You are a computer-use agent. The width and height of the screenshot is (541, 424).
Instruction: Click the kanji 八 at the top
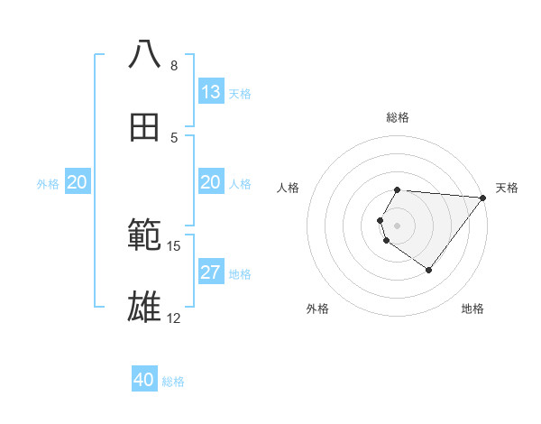[145, 54]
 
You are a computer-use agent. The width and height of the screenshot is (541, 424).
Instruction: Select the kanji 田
[145, 128]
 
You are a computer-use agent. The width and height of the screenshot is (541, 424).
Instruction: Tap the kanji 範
[145, 236]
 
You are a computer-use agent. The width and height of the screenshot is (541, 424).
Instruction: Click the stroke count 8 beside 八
[174, 66]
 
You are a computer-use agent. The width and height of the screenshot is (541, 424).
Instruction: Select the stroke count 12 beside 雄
[174, 319]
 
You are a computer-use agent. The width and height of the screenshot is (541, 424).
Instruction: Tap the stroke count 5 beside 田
[174, 138]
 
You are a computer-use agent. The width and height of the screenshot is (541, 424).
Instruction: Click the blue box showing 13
[211, 92]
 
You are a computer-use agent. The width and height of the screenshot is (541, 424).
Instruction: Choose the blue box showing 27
[211, 272]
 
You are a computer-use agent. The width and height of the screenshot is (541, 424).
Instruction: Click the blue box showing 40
[144, 380]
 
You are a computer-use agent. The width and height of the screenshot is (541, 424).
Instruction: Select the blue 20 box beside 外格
[78, 182]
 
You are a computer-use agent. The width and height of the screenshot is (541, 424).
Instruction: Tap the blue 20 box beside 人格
[211, 182]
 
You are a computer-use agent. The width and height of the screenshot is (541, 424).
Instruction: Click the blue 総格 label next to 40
[173, 382]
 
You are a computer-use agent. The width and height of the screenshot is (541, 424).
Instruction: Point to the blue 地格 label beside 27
[240, 274]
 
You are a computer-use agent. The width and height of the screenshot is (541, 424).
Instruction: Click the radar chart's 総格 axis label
[398, 117]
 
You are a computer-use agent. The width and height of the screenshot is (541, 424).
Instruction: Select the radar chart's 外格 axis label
[317, 309]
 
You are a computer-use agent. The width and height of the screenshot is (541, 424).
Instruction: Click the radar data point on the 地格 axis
[429, 270]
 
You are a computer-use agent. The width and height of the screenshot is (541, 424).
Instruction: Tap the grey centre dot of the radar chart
[398, 225]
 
